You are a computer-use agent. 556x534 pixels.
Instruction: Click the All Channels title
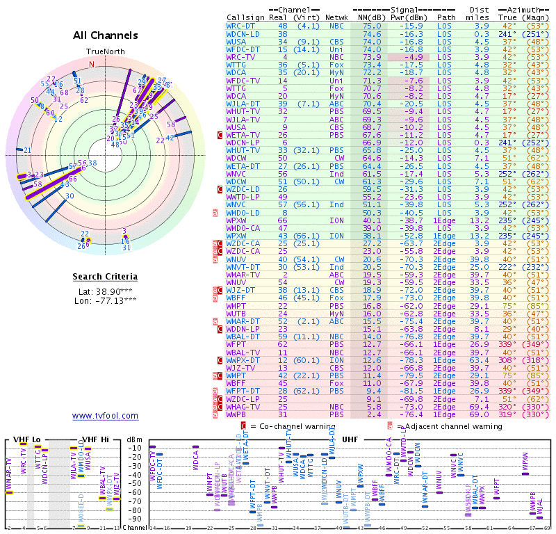(x=106, y=35)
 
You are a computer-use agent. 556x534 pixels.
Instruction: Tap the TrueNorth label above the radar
(x=106, y=51)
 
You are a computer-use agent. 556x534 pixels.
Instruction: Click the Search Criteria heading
(x=105, y=277)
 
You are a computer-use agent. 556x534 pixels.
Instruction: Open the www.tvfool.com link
(x=105, y=416)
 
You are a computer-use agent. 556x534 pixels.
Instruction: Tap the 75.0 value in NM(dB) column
(x=372, y=26)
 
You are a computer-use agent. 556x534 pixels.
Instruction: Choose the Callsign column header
(x=246, y=17)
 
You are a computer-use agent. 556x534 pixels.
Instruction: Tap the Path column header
(x=446, y=17)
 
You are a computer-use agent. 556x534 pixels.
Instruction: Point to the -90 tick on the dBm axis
(x=136, y=519)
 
